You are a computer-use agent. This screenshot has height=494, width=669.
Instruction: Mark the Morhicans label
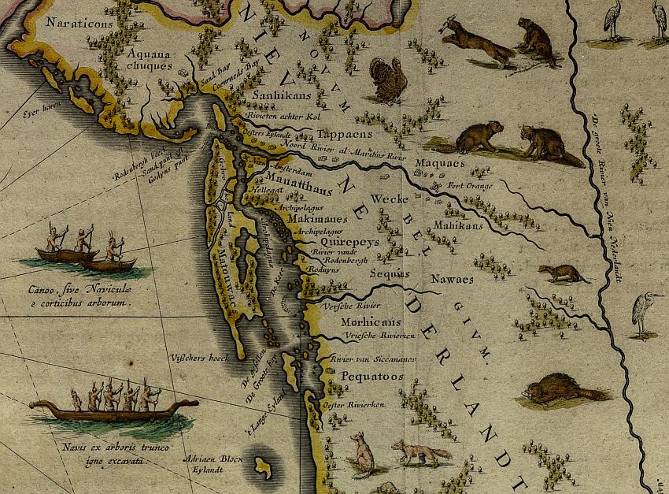(370, 323)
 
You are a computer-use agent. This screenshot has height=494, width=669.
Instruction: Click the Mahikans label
(457, 225)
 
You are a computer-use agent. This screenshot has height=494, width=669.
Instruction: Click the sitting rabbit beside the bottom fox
(362, 454)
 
